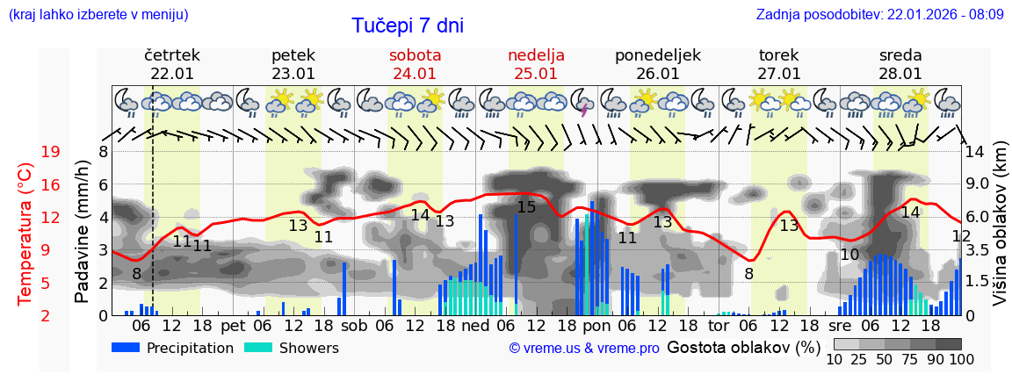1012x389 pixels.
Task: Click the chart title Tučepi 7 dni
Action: pos(408,25)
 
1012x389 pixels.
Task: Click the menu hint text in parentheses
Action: pos(98,14)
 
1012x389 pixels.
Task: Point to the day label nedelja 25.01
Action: pos(536,64)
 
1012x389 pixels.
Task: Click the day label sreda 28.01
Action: pos(900,64)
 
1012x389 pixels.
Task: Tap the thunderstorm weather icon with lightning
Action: pos(582,102)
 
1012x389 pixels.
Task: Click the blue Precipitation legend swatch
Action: pos(126,348)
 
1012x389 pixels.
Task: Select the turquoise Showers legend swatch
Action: pos(257,348)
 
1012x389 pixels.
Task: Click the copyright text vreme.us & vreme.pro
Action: pos(584,349)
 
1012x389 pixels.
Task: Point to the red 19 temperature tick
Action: pos(50,152)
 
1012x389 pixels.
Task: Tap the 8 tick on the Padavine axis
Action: pos(103,152)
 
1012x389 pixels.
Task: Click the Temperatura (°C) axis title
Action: pos(25,233)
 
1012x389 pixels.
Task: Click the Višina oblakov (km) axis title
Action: pos(1001,233)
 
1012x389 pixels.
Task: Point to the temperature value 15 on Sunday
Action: pos(526,207)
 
